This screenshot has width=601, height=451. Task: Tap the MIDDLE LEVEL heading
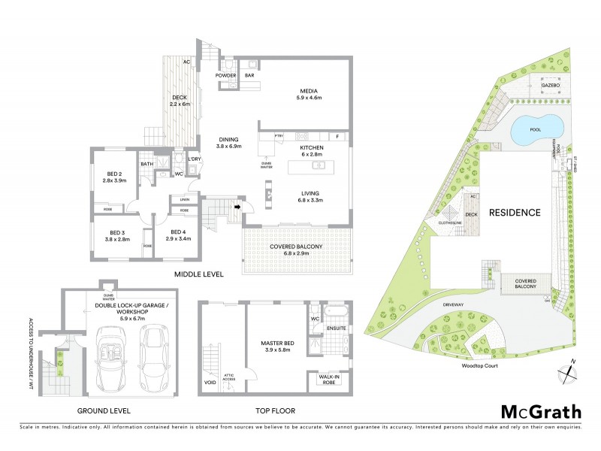pos(198,275)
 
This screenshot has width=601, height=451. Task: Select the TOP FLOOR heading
pos(273,410)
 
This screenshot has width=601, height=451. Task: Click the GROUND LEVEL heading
pos(104,410)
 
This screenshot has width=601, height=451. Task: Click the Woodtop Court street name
pos(481,368)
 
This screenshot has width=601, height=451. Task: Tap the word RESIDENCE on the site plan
pos(515,213)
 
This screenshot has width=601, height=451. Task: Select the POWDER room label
pos(226,76)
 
